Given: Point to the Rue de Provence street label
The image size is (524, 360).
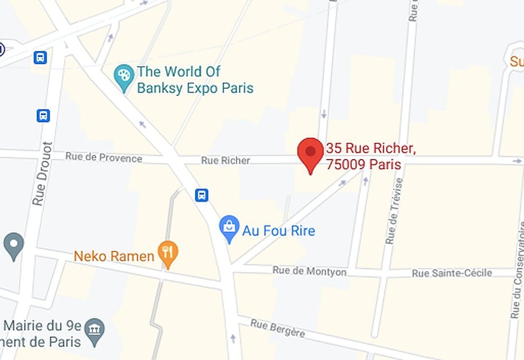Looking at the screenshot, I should pyautogui.click(x=104, y=157).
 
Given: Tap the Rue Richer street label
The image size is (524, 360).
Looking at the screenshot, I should pyautogui.click(x=226, y=160).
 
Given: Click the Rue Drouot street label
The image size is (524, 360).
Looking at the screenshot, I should pyautogui.click(x=43, y=173).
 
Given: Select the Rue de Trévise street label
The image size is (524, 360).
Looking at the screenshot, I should pyautogui.click(x=393, y=211).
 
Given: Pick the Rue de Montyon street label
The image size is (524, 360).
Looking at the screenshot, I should pyautogui.click(x=309, y=271).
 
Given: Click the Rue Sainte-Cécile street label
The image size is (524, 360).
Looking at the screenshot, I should pyautogui.click(x=452, y=273).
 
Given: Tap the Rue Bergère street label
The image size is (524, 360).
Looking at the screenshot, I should pyautogui.click(x=278, y=328).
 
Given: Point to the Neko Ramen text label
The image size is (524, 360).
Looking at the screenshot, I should pyautogui.click(x=114, y=256).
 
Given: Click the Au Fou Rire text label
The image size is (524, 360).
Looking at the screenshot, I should pyautogui.click(x=279, y=231).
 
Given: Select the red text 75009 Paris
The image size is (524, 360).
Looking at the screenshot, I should pyautogui.click(x=364, y=164).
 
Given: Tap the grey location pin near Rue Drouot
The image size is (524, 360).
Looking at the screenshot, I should pyautogui.click(x=14, y=245).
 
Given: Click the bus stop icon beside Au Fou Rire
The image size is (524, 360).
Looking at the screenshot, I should pyautogui.click(x=201, y=195).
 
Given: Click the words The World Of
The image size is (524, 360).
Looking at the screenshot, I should pyautogui.click(x=178, y=72).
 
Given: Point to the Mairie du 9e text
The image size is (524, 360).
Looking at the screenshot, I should pyautogui.click(x=43, y=326).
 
